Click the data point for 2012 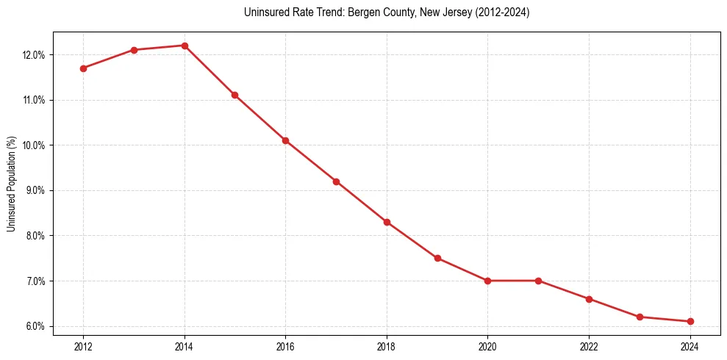pyautogui.click(x=83, y=68)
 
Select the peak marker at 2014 pyautogui.click(x=185, y=46)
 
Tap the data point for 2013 pyautogui.click(x=134, y=50)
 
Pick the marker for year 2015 pyautogui.click(x=234, y=95)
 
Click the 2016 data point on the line pyautogui.click(x=285, y=140)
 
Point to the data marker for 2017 pyautogui.click(x=336, y=181)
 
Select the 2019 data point pyautogui.click(x=437, y=258)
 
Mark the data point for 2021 pyautogui.click(x=538, y=281)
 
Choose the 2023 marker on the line pyautogui.click(x=640, y=317)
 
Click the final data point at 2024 pyautogui.click(x=690, y=321)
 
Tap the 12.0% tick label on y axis pyautogui.click(x=35, y=55)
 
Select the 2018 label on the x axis pyautogui.click(x=387, y=346)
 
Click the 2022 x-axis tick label pyautogui.click(x=589, y=346)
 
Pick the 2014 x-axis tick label pyautogui.click(x=185, y=346)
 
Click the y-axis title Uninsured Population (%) pyautogui.click(x=11, y=184)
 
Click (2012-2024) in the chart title pyautogui.click(x=503, y=12)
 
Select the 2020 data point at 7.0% pyautogui.click(x=487, y=281)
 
